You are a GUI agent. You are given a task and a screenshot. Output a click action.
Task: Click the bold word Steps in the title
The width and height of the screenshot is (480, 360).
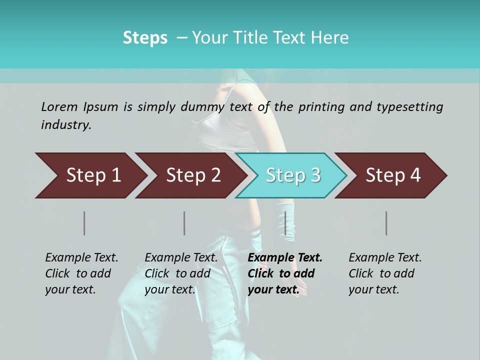[x=145, y=38]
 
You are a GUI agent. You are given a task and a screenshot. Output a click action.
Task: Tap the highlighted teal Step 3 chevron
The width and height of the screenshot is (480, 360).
[x=292, y=175]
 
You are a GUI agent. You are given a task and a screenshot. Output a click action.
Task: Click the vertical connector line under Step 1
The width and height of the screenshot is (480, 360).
[x=84, y=223]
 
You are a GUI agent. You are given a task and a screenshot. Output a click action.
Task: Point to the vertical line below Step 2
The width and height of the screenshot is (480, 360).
[x=184, y=223]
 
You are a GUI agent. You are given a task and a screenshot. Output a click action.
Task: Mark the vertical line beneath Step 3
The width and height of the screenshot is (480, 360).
[x=285, y=223]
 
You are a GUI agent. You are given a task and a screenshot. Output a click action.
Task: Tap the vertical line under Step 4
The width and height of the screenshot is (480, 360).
[x=386, y=223]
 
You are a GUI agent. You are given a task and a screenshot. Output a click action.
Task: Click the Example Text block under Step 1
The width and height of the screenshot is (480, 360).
[x=81, y=273]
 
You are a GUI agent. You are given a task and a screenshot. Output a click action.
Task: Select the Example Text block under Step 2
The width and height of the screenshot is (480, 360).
[x=181, y=273]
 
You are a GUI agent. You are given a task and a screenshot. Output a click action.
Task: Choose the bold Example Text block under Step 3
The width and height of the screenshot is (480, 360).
[x=285, y=273]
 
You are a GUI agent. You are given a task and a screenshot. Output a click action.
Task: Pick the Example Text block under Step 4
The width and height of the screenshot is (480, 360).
[x=385, y=273]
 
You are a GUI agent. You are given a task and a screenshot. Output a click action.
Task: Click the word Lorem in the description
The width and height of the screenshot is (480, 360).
[x=59, y=107]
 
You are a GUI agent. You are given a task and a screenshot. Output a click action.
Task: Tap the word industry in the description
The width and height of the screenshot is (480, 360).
[x=66, y=125]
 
